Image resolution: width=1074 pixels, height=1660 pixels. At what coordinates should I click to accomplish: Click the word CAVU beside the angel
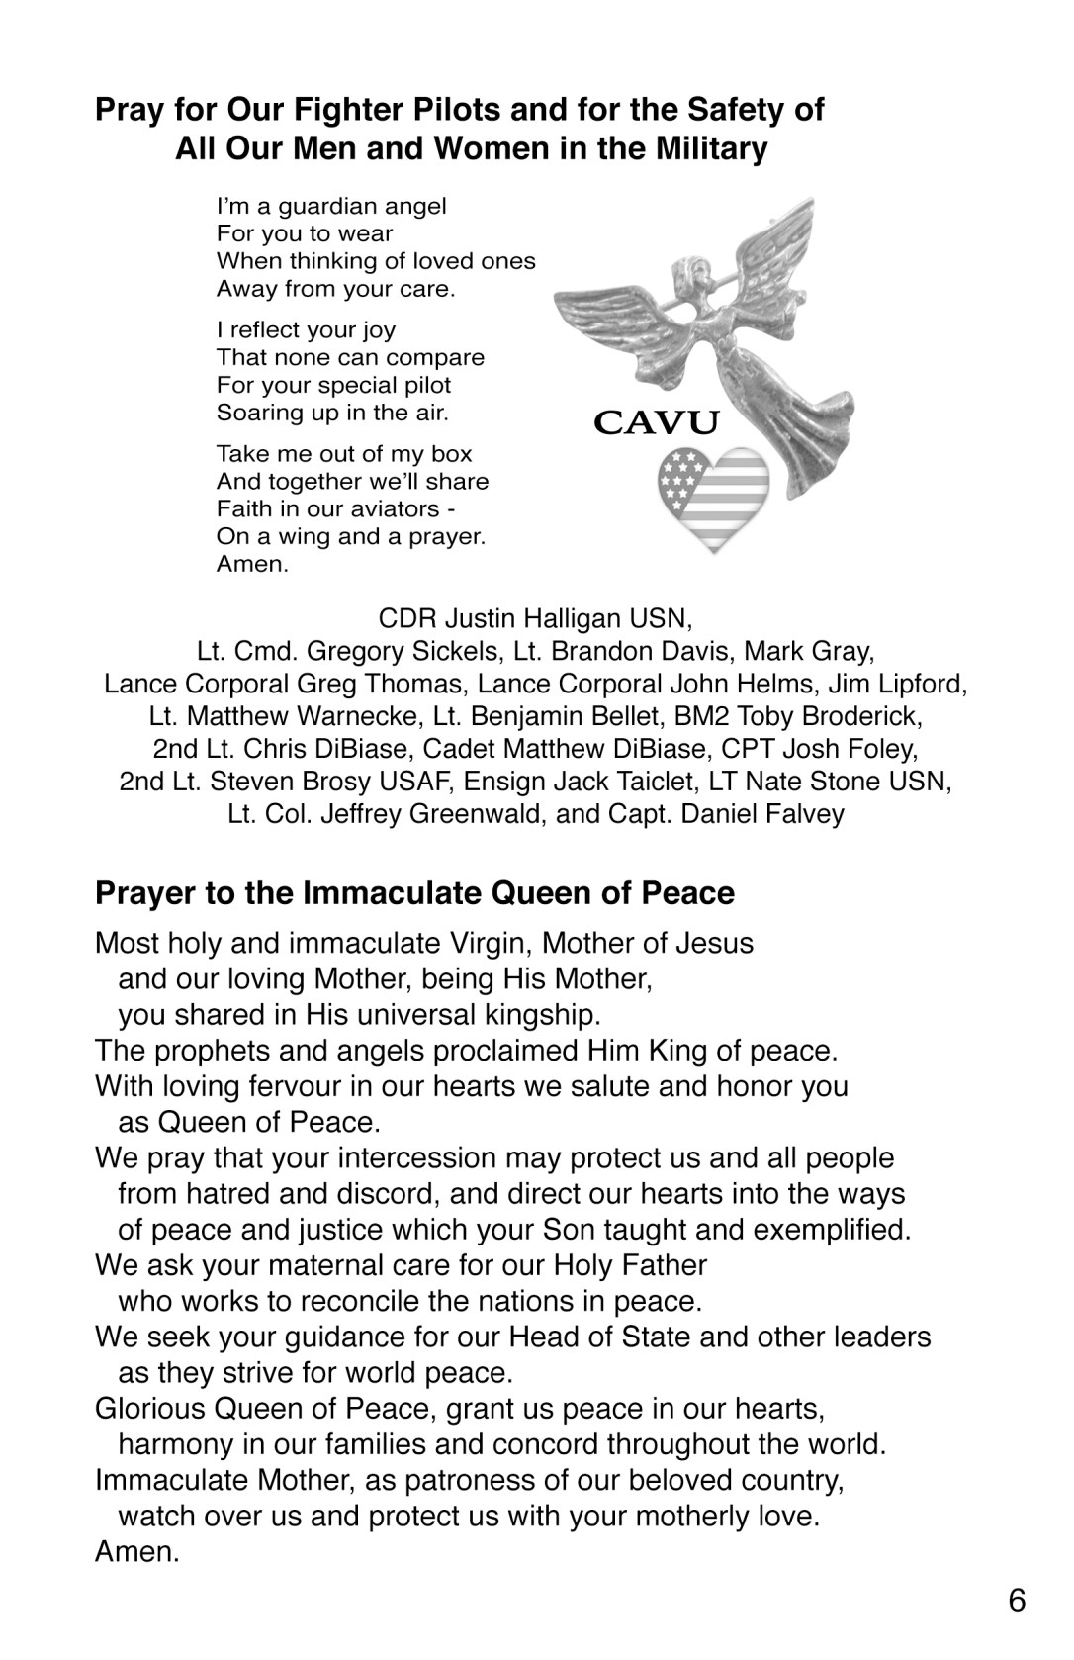[656, 422]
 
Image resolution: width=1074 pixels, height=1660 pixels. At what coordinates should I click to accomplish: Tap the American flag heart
[713, 499]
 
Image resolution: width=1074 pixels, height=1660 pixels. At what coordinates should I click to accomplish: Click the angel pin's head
[684, 273]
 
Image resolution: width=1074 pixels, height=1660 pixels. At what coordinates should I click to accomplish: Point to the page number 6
[1018, 1600]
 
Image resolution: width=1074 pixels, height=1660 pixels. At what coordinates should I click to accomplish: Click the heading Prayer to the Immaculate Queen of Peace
[414, 893]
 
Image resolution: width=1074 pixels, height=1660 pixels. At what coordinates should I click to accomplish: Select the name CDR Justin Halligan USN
[535, 619]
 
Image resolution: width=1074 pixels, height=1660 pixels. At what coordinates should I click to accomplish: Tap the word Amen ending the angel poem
[252, 565]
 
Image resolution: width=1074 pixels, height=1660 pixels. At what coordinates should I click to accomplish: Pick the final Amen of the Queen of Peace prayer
[136, 1551]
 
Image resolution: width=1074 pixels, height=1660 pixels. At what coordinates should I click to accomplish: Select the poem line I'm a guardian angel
[331, 206]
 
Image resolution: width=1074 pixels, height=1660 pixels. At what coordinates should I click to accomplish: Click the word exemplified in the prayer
[833, 1229]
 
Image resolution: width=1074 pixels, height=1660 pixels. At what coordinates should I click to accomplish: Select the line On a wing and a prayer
[351, 537]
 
